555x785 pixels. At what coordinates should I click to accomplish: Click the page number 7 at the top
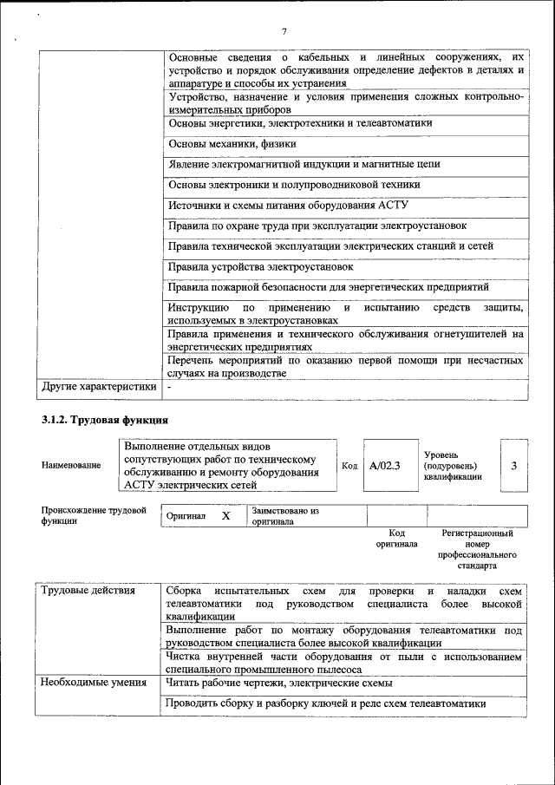pos(284,32)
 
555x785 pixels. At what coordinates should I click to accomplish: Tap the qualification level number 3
pos(513,466)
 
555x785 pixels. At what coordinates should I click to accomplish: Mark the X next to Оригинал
pos(225,516)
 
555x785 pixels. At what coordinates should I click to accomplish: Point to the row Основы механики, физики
pos(232,144)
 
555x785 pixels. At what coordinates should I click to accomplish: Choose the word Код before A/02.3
pos(349,466)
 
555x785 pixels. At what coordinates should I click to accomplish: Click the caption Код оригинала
pos(396,539)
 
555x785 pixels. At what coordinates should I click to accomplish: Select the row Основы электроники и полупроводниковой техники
pos(294,185)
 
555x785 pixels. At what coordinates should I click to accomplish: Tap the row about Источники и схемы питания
pos(287,206)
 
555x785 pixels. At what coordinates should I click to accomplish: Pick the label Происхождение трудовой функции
pos(94,516)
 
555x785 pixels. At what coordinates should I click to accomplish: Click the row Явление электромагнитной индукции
pos(304,164)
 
